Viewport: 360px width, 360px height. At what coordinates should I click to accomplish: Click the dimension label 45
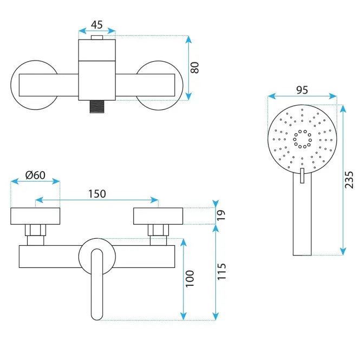tap(97, 24)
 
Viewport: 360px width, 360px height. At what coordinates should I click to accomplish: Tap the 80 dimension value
tap(195, 68)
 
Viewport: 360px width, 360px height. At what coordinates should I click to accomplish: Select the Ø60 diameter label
tap(35, 175)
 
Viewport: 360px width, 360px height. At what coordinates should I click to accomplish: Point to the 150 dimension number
tap(97, 194)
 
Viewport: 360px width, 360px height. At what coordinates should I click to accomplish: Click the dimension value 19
tap(221, 215)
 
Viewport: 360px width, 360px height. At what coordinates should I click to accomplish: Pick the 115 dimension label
tap(221, 272)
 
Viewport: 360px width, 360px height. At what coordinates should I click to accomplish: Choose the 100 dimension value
tap(190, 278)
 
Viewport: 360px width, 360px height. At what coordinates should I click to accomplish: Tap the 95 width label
tap(302, 90)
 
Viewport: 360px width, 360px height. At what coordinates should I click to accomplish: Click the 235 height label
tap(349, 180)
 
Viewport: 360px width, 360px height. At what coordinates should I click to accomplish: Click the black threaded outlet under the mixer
tap(97, 107)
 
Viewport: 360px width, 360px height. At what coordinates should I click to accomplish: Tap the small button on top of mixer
tap(97, 37)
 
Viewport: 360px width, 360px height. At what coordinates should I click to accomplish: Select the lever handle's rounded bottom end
tap(97, 316)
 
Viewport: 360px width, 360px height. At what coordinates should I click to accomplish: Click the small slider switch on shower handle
tap(302, 175)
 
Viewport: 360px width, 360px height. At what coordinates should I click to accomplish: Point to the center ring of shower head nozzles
tap(302, 139)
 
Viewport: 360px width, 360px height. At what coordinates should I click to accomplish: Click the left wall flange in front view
tap(35, 216)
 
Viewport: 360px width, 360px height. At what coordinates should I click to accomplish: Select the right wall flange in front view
tap(158, 216)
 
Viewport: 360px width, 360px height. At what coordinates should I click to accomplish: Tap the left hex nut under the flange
tap(35, 230)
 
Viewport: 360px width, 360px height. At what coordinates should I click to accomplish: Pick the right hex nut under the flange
tap(158, 230)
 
